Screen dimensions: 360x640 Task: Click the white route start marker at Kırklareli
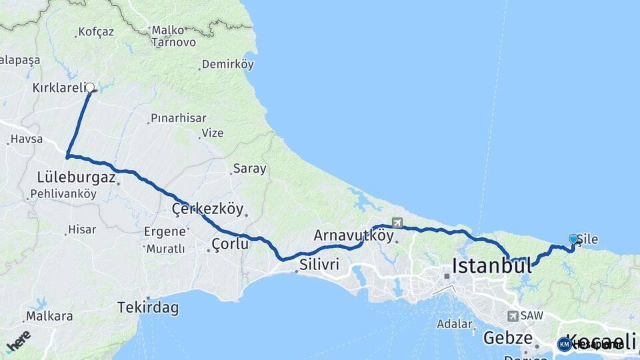90,87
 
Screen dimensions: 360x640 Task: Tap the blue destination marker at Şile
573,239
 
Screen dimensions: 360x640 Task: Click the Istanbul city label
492,265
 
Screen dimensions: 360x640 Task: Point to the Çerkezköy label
207,209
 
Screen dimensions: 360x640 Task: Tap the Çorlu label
230,244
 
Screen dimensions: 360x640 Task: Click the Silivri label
319,265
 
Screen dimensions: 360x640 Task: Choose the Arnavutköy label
353,235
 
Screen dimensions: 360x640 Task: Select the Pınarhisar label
176,119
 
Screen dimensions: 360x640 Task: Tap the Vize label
212,133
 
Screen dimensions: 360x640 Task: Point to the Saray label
249,169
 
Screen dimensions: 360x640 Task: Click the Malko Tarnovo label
173,36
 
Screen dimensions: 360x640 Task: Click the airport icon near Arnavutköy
397,223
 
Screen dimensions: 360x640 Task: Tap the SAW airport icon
512,316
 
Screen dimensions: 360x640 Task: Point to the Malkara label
49,316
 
